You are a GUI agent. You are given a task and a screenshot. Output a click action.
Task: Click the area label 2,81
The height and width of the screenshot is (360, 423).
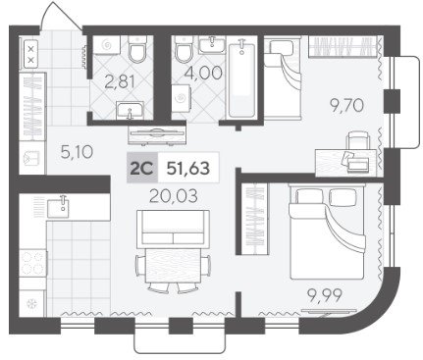[120, 81]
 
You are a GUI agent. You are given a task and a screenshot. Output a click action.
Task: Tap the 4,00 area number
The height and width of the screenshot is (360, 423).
[203, 73]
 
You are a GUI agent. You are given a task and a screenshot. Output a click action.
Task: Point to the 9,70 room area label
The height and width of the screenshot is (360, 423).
[346, 105]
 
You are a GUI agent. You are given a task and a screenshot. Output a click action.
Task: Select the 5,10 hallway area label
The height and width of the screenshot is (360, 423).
[77, 152]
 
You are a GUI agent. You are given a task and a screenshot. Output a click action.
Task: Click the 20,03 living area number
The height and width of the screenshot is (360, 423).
[174, 196]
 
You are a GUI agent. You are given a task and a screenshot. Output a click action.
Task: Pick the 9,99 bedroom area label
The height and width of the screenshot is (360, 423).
[325, 295]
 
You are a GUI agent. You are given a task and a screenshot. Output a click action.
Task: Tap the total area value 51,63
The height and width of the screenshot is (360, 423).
[188, 168]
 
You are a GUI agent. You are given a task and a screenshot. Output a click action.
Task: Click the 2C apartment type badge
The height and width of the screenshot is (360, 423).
[142, 168]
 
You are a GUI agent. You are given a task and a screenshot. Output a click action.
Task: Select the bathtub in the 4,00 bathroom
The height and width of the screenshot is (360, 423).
[242, 79]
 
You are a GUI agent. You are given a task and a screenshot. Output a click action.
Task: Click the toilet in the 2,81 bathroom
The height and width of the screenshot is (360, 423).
[137, 49]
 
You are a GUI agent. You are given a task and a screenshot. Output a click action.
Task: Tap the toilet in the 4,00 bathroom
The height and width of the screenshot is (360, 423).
[184, 49]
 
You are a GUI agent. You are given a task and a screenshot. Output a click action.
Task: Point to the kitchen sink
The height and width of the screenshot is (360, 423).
[58, 207]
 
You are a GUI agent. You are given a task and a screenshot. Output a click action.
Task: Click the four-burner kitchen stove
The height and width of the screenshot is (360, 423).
[32, 263]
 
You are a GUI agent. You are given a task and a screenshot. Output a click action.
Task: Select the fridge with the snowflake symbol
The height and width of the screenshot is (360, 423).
[32, 304]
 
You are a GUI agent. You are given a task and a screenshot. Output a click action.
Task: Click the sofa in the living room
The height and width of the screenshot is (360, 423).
[173, 228]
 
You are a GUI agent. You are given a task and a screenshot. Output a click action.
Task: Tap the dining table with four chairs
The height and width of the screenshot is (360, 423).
[173, 268]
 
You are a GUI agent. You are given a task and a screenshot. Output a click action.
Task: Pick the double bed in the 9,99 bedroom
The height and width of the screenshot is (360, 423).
[327, 231]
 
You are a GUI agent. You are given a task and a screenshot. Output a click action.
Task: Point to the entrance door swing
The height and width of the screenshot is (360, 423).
[61, 17]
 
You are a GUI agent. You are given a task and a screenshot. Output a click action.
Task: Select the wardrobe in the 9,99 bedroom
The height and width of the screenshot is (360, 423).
[255, 219]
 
